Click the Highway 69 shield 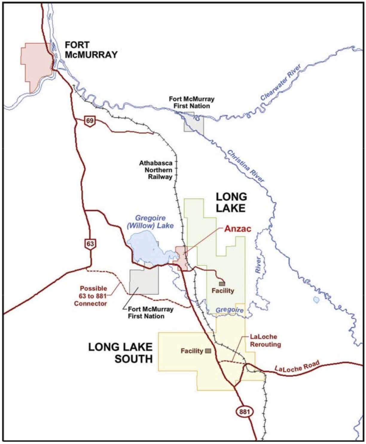[90, 121]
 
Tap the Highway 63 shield [90, 244]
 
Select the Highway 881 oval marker [244, 412]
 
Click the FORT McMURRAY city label [91, 50]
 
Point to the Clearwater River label [280, 82]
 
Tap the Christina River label [246, 166]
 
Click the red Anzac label [238, 229]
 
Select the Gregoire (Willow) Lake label [150, 222]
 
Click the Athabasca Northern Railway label [156, 170]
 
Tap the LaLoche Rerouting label [265, 341]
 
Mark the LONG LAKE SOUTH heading [121, 353]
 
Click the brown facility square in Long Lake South [208, 351]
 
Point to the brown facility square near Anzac [222, 284]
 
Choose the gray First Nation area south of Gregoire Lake [144, 281]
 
